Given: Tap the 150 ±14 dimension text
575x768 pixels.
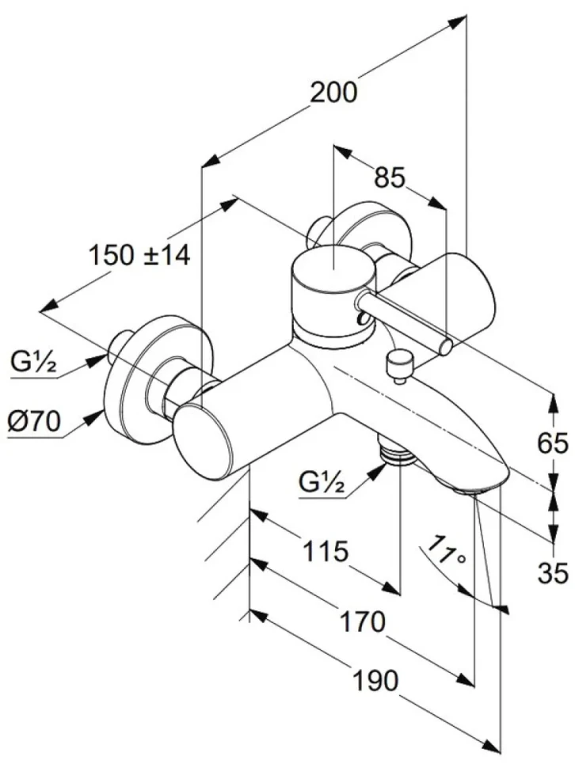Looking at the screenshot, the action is point(139,255).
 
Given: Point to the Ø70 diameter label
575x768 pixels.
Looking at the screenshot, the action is point(34,422).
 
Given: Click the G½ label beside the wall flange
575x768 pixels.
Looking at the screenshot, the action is point(33,364).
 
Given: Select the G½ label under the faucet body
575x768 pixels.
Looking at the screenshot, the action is point(322,484).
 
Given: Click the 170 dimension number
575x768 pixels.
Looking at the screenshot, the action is point(363,622).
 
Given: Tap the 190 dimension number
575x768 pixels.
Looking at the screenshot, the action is point(375,680).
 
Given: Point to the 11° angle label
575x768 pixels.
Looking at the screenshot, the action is point(446,551).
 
